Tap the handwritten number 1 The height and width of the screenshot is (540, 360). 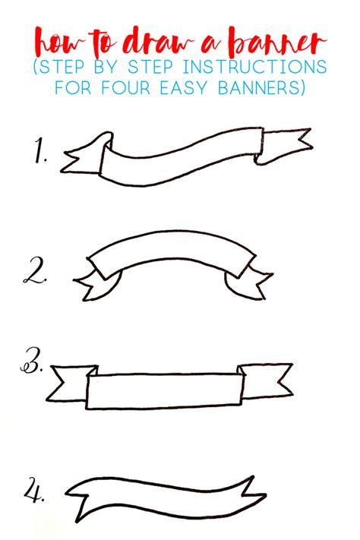click(39, 154)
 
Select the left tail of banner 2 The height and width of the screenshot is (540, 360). click(96, 285)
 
